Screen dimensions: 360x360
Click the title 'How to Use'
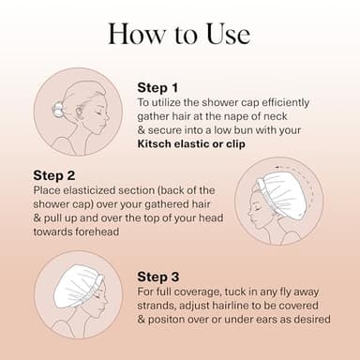tap(179, 33)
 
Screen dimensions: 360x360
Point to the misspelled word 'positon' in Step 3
tap(170, 321)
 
